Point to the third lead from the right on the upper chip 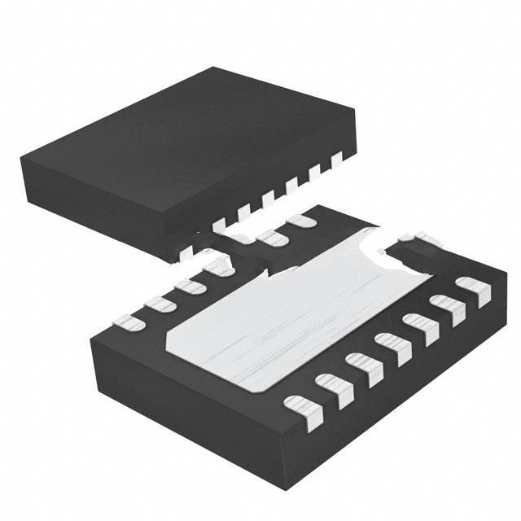291,187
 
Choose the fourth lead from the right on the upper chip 267,199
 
